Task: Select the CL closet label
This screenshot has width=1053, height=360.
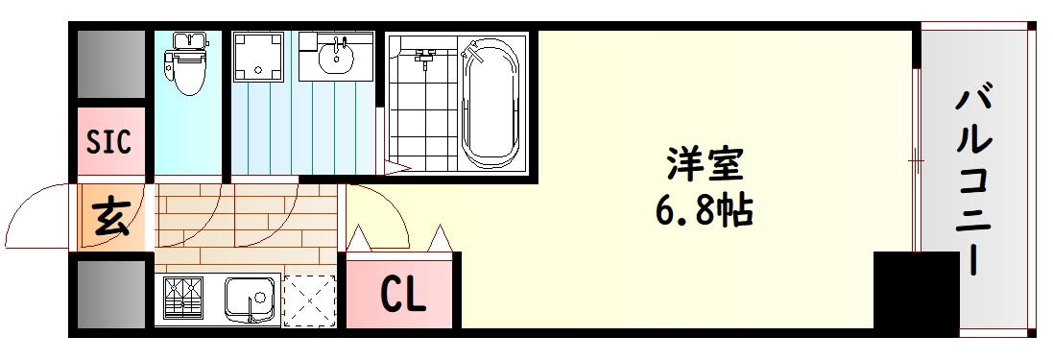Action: point(403,296)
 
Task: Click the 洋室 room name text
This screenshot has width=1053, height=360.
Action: point(706,164)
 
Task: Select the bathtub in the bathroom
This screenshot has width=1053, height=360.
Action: point(492,103)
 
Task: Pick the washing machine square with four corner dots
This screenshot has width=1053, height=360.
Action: point(261,56)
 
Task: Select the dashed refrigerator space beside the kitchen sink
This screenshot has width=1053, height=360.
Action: point(310,300)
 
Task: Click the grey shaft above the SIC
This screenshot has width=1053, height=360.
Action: point(111,65)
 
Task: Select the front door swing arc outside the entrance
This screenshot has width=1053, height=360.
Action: point(38,216)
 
